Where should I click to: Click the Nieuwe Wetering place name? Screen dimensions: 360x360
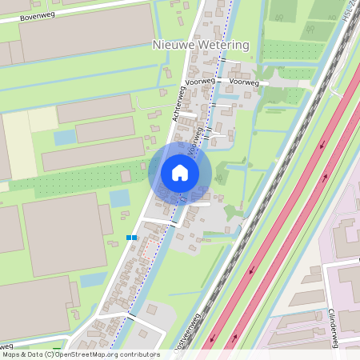pyautogui.click(x=201, y=45)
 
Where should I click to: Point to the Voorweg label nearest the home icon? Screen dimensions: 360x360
pyautogui.click(x=191, y=145)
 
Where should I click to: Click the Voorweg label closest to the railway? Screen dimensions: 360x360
pyautogui.click(x=243, y=82)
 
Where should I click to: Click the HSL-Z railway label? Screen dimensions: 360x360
pyautogui.click(x=350, y=11)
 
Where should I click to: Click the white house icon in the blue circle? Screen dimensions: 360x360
pyautogui.click(x=180, y=173)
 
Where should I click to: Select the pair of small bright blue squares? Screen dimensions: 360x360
pyautogui.click(x=132, y=238)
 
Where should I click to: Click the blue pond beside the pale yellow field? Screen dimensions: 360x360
pyautogui.click(x=65, y=137)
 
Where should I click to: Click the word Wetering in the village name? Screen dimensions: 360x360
pyautogui.click(x=223, y=45)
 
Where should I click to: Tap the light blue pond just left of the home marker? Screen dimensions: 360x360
pyautogui.click(x=119, y=197)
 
